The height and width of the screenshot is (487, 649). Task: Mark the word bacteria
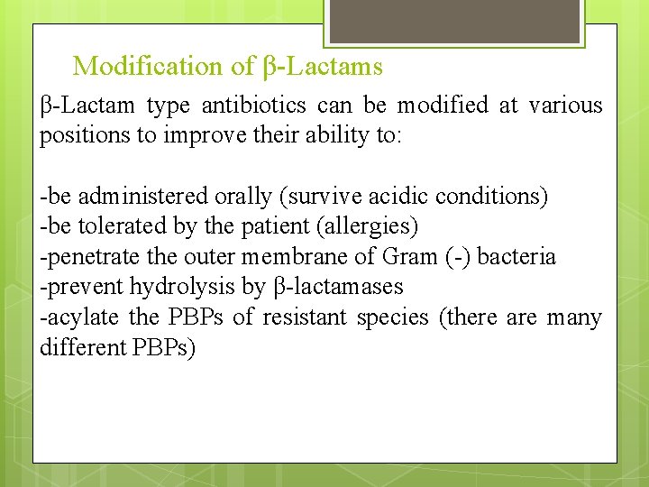pyautogui.click(x=516, y=257)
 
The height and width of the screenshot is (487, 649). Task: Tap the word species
pyautogui.click(x=393, y=317)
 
